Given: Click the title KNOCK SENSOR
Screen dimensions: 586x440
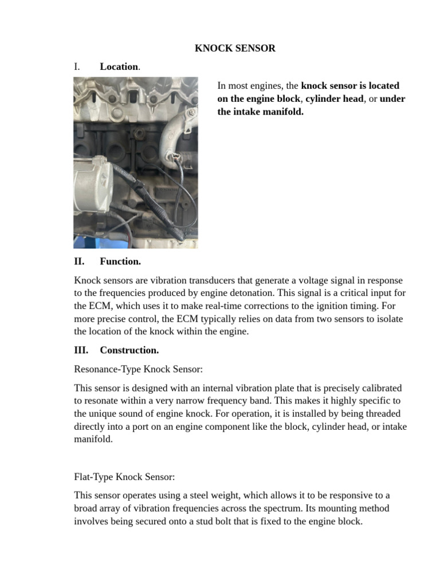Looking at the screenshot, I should tap(235, 48).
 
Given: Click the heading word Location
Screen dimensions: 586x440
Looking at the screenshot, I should tap(119, 66).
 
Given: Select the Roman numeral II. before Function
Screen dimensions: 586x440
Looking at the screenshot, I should tap(79, 262).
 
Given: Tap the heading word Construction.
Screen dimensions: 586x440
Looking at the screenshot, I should tap(129, 350).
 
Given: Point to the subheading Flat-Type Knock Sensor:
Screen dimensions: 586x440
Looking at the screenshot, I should tap(124, 476).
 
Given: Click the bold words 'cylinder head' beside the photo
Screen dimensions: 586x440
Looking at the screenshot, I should tap(335, 98).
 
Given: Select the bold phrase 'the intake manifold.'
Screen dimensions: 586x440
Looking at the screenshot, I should tap(260, 112).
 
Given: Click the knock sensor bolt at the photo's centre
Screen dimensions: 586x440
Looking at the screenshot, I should tap(137, 135).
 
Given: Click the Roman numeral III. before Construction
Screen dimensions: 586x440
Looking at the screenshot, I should tap(81, 350).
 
